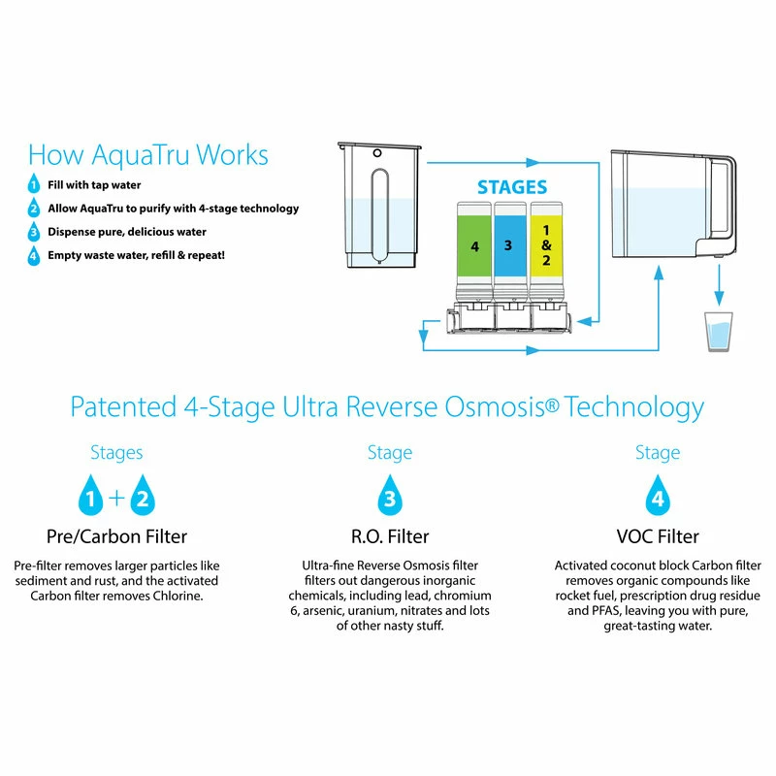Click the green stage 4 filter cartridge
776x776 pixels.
[475, 247]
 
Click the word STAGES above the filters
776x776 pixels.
[511, 187]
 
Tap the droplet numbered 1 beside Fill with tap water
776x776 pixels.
[34, 184]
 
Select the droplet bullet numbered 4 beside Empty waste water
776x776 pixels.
[34, 256]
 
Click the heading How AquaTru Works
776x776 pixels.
[147, 154]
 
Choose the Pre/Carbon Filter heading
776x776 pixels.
[116, 535]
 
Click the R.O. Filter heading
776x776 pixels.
[388, 535]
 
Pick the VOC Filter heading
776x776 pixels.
[658, 535]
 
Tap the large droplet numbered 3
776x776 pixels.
[389, 497]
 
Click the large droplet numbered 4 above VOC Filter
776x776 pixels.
[658, 497]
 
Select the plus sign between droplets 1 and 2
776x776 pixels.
[116, 499]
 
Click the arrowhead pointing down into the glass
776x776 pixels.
[719, 301]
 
